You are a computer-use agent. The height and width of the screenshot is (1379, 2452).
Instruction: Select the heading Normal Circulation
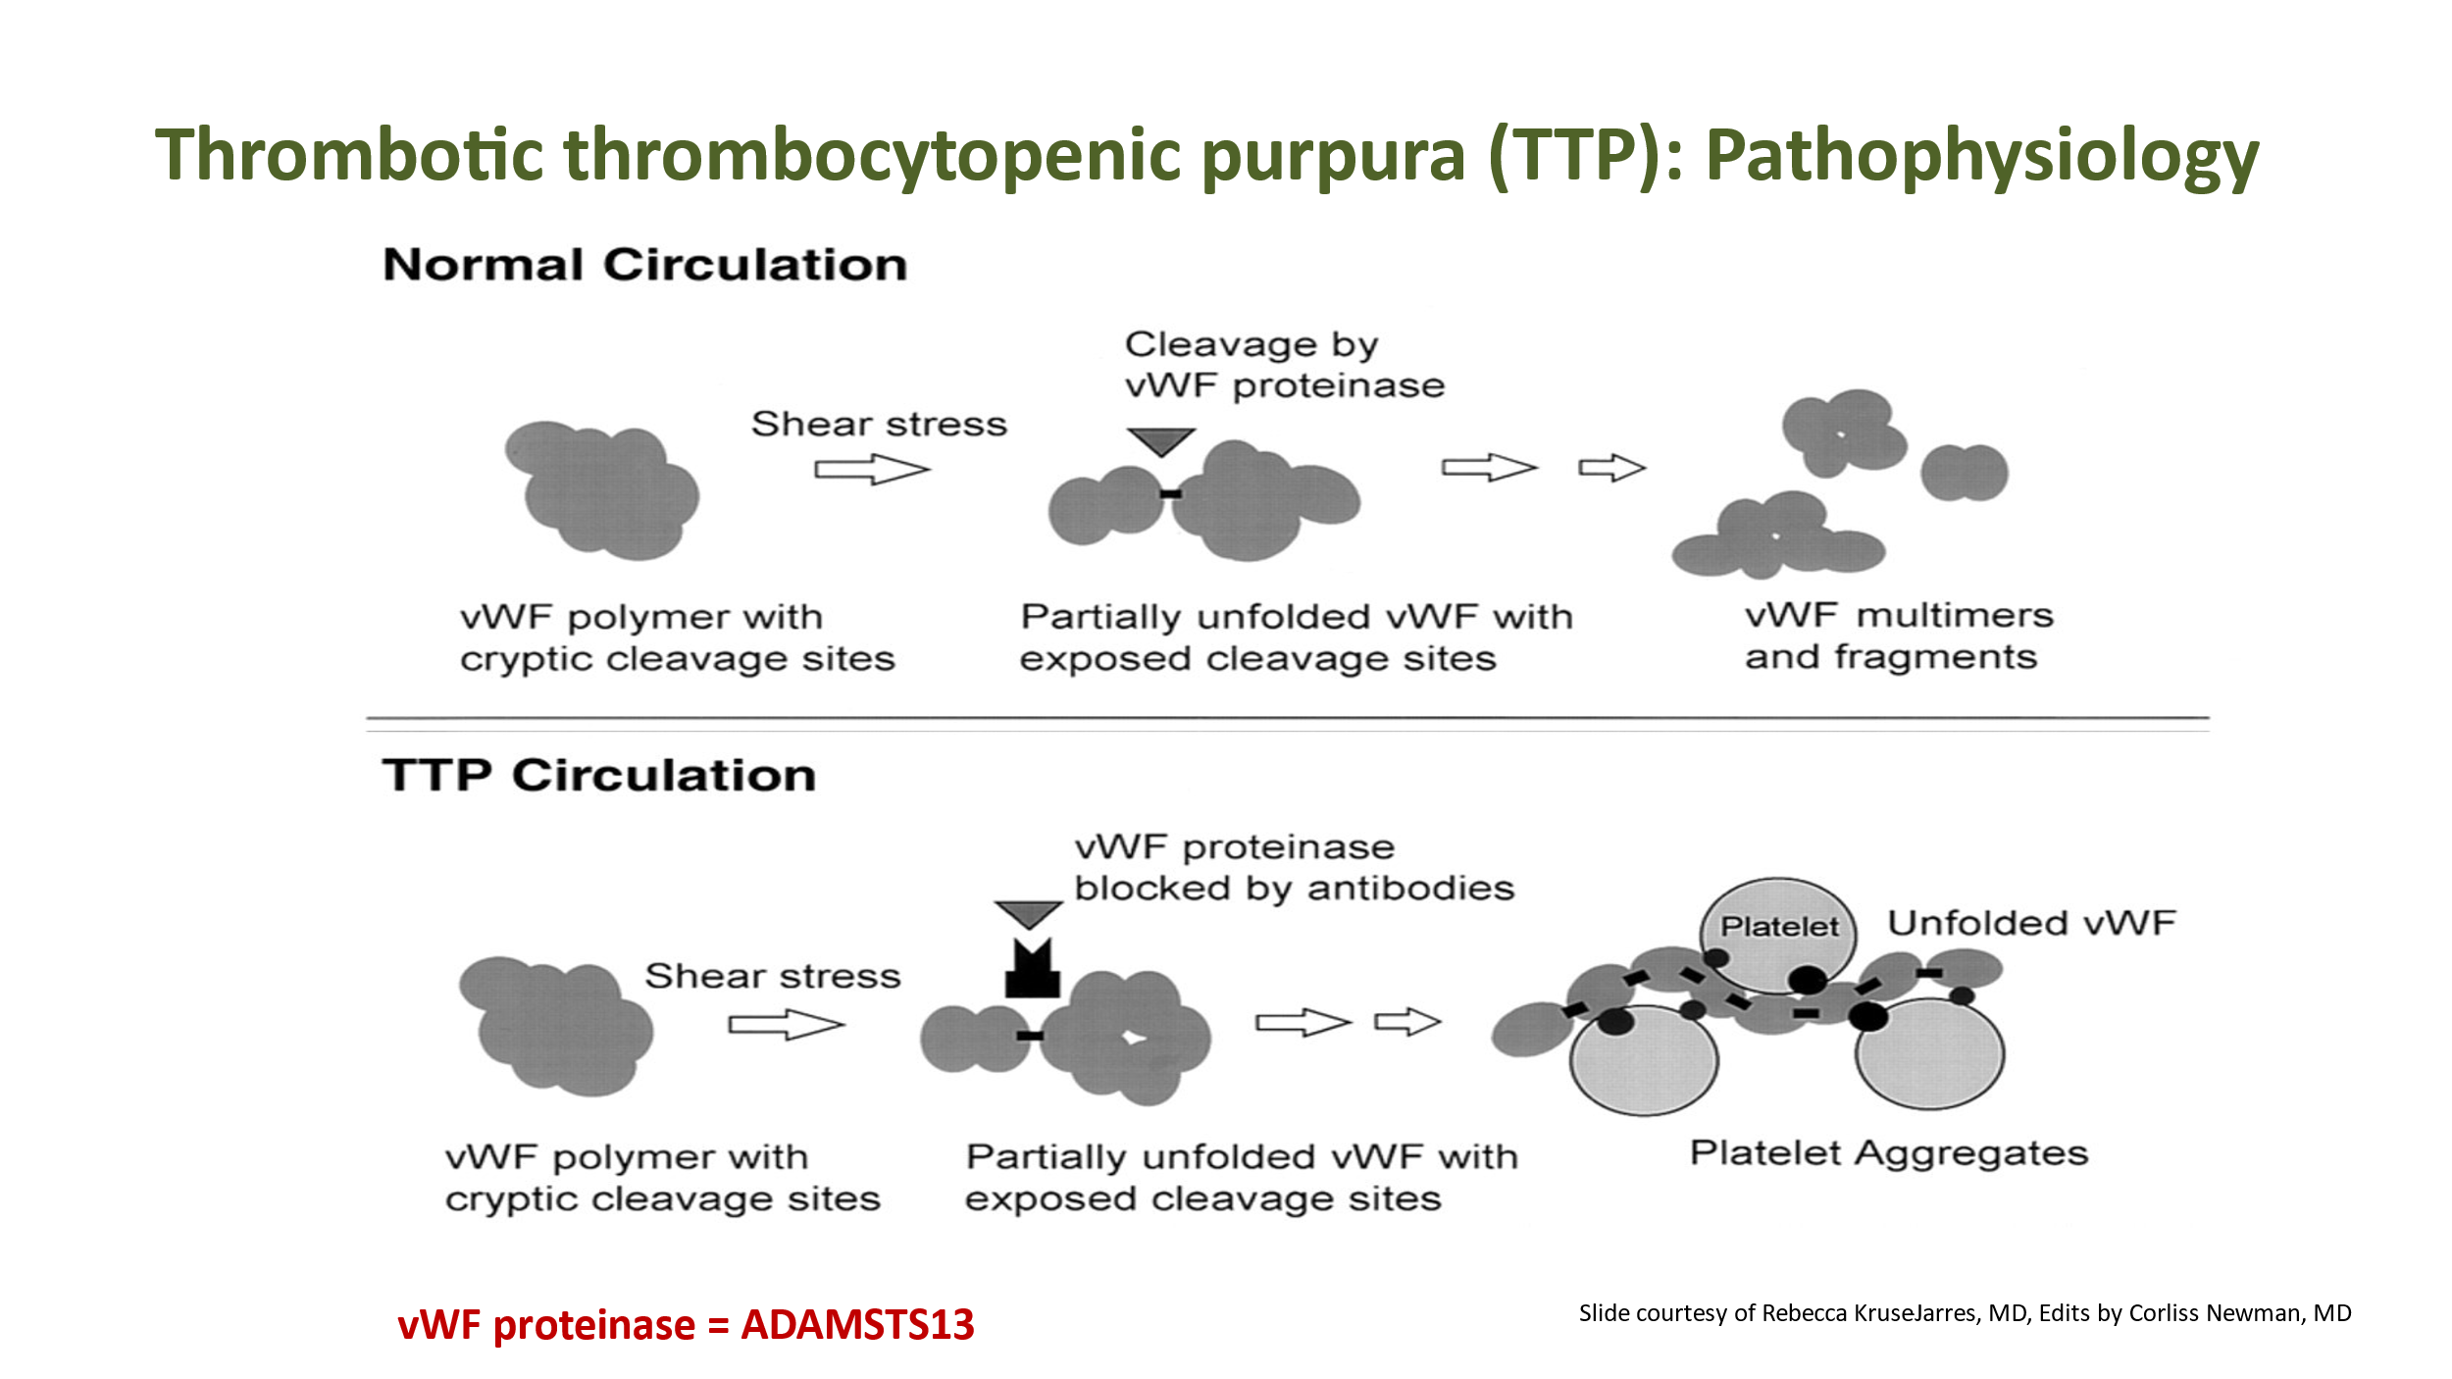(644, 265)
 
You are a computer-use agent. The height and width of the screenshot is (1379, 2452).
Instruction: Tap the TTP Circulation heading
(598, 775)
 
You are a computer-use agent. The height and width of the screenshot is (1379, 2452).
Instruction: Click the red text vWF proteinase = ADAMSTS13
(686, 1324)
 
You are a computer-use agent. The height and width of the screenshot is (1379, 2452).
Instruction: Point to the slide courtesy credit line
(1965, 1313)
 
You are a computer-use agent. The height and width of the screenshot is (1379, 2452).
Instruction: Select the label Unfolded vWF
(2031, 923)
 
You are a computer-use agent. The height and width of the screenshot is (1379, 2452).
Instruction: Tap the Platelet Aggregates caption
(1888, 1153)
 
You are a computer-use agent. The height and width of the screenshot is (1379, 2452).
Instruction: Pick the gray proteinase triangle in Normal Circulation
(1160, 440)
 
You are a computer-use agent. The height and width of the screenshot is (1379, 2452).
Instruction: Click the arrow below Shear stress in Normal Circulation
(871, 470)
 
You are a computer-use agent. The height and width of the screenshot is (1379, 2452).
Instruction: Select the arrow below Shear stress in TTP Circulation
(785, 1026)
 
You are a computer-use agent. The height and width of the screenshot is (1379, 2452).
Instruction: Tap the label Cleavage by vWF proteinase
(1284, 365)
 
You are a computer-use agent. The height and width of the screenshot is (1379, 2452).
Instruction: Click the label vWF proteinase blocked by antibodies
(1294, 868)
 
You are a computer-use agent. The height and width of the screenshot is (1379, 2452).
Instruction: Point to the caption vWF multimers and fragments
(1898, 636)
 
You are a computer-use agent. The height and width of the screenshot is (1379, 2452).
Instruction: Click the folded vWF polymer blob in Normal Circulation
(603, 490)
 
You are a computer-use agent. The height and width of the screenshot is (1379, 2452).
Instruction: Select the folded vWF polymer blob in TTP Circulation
(556, 1025)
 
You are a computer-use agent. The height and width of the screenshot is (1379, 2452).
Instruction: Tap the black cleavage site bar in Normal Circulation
(1170, 493)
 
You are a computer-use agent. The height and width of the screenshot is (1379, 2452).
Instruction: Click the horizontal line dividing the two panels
(1287, 719)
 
